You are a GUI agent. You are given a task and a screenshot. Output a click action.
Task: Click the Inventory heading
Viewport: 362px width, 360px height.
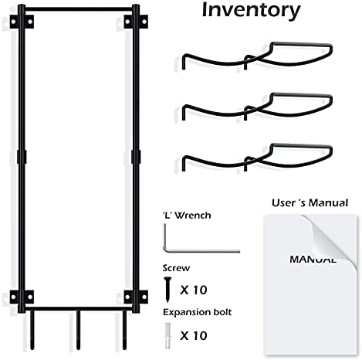tap(251, 10)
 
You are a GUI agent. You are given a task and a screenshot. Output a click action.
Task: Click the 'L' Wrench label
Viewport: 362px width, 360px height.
tap(187, 216)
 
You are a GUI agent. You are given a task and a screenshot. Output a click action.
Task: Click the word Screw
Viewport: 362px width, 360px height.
tap(176, 268)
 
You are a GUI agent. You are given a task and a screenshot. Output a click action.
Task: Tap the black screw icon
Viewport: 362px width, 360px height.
tap(167, 288)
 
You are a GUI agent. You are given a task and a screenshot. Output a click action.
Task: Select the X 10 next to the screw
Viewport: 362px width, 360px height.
tap(194, 290)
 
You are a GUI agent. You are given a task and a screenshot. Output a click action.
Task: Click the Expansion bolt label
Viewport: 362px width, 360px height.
tap(198, 312)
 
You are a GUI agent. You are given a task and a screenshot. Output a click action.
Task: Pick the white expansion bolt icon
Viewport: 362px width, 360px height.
tap(167, 336)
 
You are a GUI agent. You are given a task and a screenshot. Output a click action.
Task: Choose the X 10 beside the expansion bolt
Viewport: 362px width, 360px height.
tap(194, 336)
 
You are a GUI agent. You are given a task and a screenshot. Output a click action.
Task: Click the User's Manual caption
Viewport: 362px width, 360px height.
tap(310, 203)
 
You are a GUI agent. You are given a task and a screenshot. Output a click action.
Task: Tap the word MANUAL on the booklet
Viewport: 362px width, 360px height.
tap(313, 260)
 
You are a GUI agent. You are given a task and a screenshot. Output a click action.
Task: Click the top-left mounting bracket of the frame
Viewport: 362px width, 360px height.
tap(22, 22)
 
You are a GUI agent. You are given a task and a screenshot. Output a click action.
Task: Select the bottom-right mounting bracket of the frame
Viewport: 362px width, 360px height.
tap(136, 297)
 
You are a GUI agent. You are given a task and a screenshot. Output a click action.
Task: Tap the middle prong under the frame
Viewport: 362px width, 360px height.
tap(78, 330)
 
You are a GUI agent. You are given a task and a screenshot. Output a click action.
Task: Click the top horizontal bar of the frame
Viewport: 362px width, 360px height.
tap(79, 9)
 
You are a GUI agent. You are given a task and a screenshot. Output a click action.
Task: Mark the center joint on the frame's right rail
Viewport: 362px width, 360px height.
tap(136, 157)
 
